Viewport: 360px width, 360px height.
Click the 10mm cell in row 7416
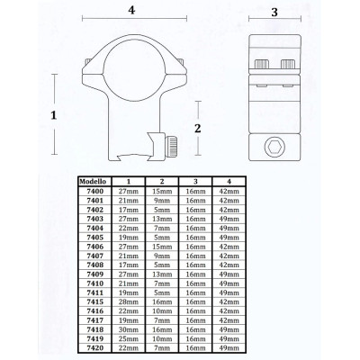(x=163, y=312)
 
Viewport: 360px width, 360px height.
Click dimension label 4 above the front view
(x=131, y=11)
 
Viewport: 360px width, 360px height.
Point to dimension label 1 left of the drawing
(x=54, y=116)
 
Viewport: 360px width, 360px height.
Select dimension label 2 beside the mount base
(x=210, y=128)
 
